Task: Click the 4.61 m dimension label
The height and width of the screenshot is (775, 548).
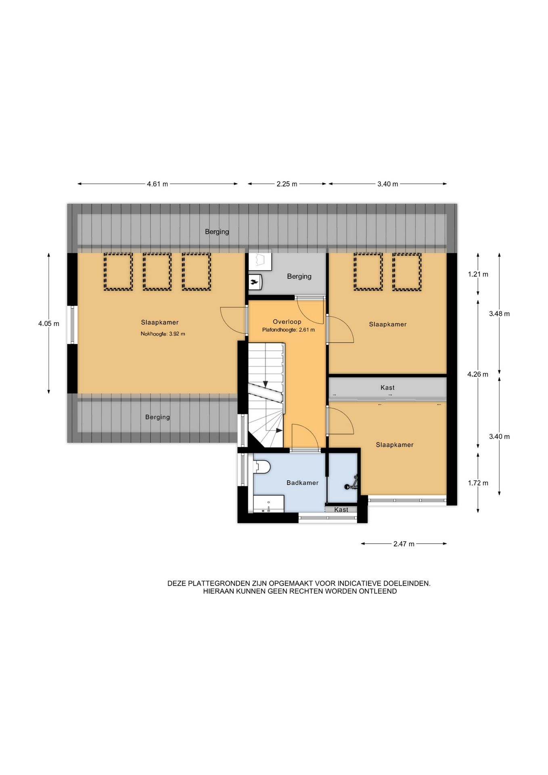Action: point(157,184)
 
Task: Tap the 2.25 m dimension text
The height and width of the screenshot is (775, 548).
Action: point(287,184)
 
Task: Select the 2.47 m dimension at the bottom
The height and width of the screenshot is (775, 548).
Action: point(404,544)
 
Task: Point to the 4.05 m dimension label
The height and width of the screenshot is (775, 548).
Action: point(49,323)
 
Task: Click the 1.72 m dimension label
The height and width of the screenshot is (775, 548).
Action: point(478,483)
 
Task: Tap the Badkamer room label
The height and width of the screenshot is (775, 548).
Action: point(303,483)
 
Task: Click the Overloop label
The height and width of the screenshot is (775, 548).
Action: point(287,322)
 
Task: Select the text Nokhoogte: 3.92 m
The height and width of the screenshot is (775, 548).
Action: point(163,334)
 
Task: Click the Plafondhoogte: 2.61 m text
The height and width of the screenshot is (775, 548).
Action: point(288,330)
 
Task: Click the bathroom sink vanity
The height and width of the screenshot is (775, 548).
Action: point(268,504)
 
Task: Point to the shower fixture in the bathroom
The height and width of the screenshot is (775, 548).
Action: point(351,484)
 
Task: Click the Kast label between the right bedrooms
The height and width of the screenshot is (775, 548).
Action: point(387,387)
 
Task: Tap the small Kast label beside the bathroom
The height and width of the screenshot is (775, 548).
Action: point(341,510)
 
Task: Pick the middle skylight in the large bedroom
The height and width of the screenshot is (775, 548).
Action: point(157,271)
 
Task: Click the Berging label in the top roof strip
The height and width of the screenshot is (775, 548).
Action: point(217,232)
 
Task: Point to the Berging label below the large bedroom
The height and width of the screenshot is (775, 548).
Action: point(157,417)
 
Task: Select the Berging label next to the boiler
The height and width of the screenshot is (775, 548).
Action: point(299,276)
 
